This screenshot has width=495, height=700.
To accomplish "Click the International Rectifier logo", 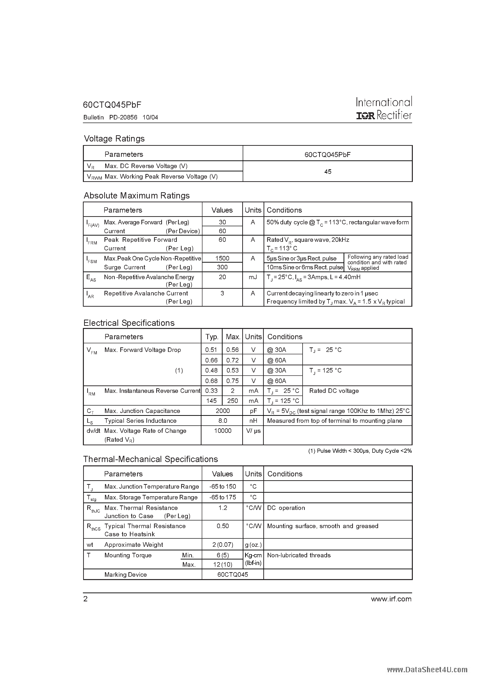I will point(384,108).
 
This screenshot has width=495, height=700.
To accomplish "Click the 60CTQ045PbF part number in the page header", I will point(112,105).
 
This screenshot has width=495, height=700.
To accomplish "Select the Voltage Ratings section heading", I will point(114,139).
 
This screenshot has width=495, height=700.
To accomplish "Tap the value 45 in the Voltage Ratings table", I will point(328,172).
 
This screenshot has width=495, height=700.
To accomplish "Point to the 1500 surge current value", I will point(222,258).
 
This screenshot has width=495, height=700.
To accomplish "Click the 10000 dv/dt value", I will point(223,430).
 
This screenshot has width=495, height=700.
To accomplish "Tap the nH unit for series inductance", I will point(253,421).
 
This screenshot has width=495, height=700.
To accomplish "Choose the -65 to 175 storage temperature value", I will point(223,497).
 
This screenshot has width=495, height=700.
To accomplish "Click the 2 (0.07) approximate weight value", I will point(223,545).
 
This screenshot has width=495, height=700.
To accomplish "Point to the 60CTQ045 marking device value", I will point(233,574).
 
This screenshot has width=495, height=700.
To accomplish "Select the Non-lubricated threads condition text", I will point(299,555).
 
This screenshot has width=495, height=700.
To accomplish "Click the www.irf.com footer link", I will point(391,599).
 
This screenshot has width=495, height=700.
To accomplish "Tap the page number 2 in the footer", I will point(86,599).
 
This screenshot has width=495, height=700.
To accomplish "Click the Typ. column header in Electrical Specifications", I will point(212,337).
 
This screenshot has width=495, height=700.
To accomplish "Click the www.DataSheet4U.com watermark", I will point(427,670).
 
